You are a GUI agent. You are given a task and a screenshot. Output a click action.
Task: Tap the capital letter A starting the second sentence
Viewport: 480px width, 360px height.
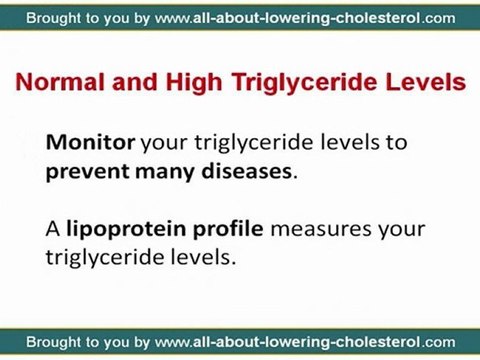(x=52, y=229)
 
